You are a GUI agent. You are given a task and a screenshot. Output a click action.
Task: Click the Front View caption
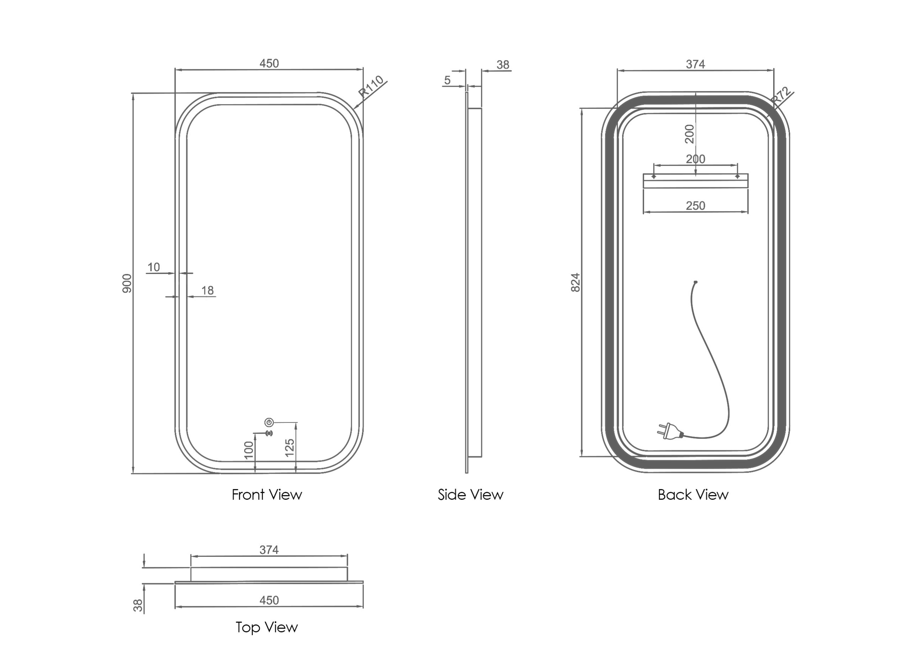[267, 495]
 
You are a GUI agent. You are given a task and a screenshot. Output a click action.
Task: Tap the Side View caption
[470, 495]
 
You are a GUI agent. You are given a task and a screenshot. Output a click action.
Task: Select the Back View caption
[693, 495]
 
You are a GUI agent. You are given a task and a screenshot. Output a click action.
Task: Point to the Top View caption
[267, 627]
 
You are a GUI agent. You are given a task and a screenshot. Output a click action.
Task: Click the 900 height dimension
[127, 283]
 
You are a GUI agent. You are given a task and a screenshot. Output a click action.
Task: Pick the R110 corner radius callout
[371, 87]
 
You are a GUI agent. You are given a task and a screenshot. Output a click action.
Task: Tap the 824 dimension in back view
[576, 283]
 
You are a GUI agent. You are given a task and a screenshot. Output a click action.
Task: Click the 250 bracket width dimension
[695, 206]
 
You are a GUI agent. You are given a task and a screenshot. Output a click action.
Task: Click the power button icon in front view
[269, 422]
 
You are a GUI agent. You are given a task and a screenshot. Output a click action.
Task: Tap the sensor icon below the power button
[269, 433]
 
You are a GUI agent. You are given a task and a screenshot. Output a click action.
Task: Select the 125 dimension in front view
[290, 448]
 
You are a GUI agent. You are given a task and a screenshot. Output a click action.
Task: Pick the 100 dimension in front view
[249, 450]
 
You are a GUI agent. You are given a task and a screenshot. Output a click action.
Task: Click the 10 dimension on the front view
[154, 267]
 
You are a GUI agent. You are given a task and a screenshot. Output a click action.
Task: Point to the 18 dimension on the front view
[208, 290]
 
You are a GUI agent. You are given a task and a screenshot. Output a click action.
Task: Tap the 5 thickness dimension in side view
[448, 80]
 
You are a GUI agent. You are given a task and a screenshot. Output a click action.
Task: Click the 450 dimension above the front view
[269, 63]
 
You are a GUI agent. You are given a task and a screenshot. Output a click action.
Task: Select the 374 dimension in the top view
[269, 549]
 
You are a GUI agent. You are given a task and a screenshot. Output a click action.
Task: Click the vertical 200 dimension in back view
[689, 134]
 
